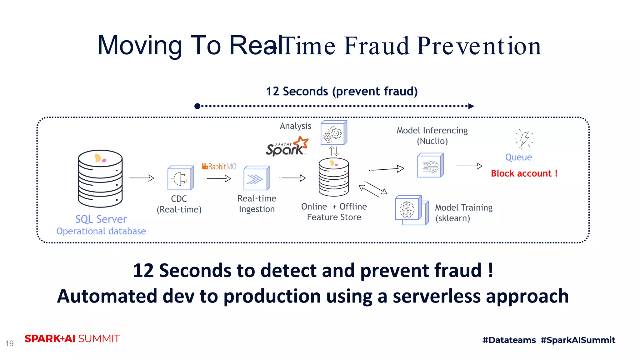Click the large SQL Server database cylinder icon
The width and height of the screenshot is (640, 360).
coord(100,178)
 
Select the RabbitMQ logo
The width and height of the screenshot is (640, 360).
coord(219,167)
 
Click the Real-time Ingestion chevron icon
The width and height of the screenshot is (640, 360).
coord(256,178)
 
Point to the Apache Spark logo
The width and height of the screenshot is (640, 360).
coord(287,147)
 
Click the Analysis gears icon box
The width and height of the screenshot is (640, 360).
coord(334,133)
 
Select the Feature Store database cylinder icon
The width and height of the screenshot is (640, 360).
coord(334,177)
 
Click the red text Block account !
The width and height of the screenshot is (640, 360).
coord(524,173)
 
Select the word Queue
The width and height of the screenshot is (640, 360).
coord(518,157)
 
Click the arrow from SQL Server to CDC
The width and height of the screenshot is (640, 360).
coord(141,178)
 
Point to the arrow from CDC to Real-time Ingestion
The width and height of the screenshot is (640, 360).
coord(218,178)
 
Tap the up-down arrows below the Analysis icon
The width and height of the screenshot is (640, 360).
coord(334,151)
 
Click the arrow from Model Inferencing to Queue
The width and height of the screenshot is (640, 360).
coord(469,166)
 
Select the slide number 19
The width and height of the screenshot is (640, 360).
coord(9,343)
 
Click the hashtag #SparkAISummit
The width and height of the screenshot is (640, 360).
coord(578,340)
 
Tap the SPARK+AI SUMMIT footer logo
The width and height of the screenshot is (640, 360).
coord(72,339)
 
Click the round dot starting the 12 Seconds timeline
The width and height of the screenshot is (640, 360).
coord(197,106)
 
